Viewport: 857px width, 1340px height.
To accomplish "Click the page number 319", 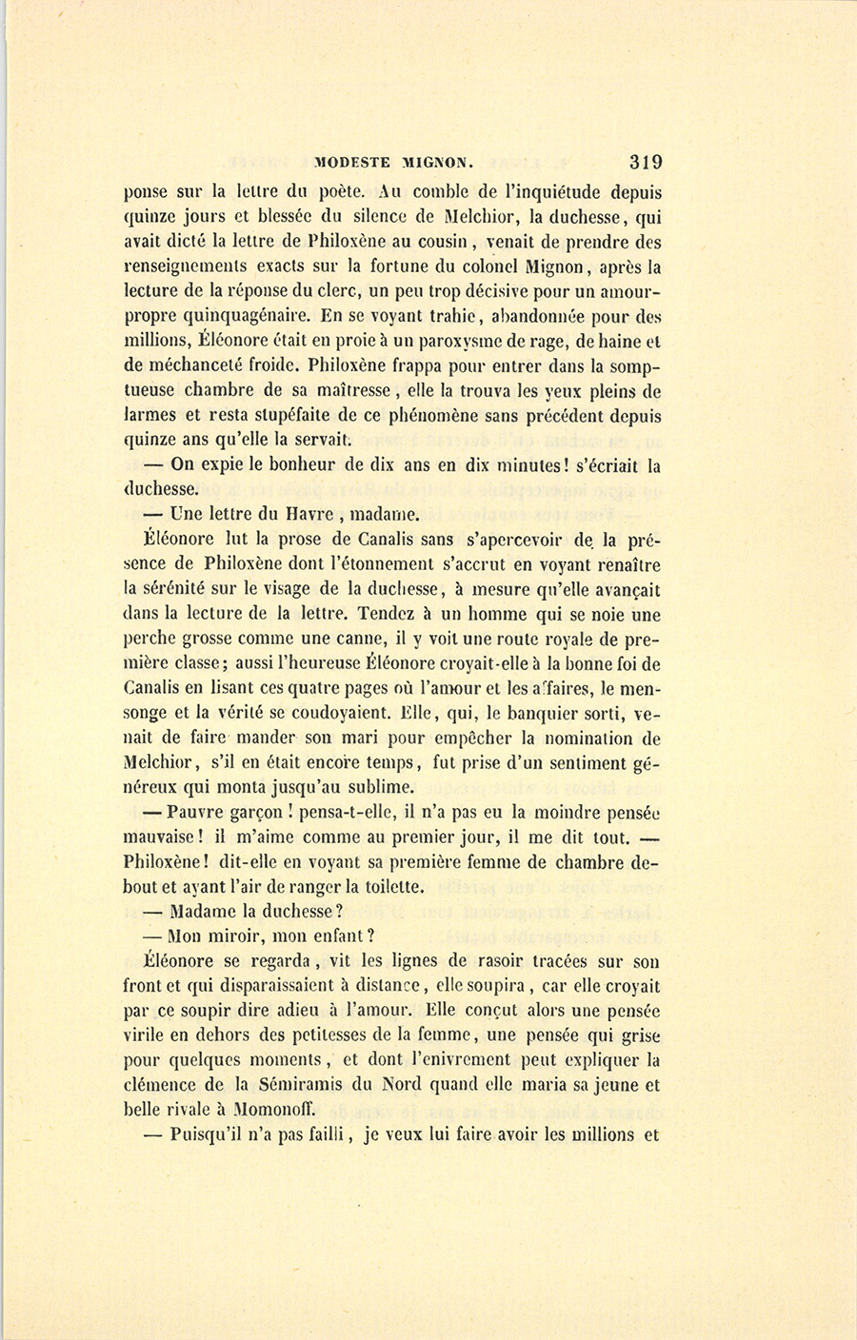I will click(645, 162).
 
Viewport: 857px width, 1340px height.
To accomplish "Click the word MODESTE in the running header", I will click(355, 163).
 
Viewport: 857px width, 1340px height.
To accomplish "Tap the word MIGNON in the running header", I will click(448, 163).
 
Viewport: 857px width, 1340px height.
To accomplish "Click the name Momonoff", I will click(273, 1110).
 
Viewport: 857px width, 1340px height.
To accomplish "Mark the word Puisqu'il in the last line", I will click(210, 1134).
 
